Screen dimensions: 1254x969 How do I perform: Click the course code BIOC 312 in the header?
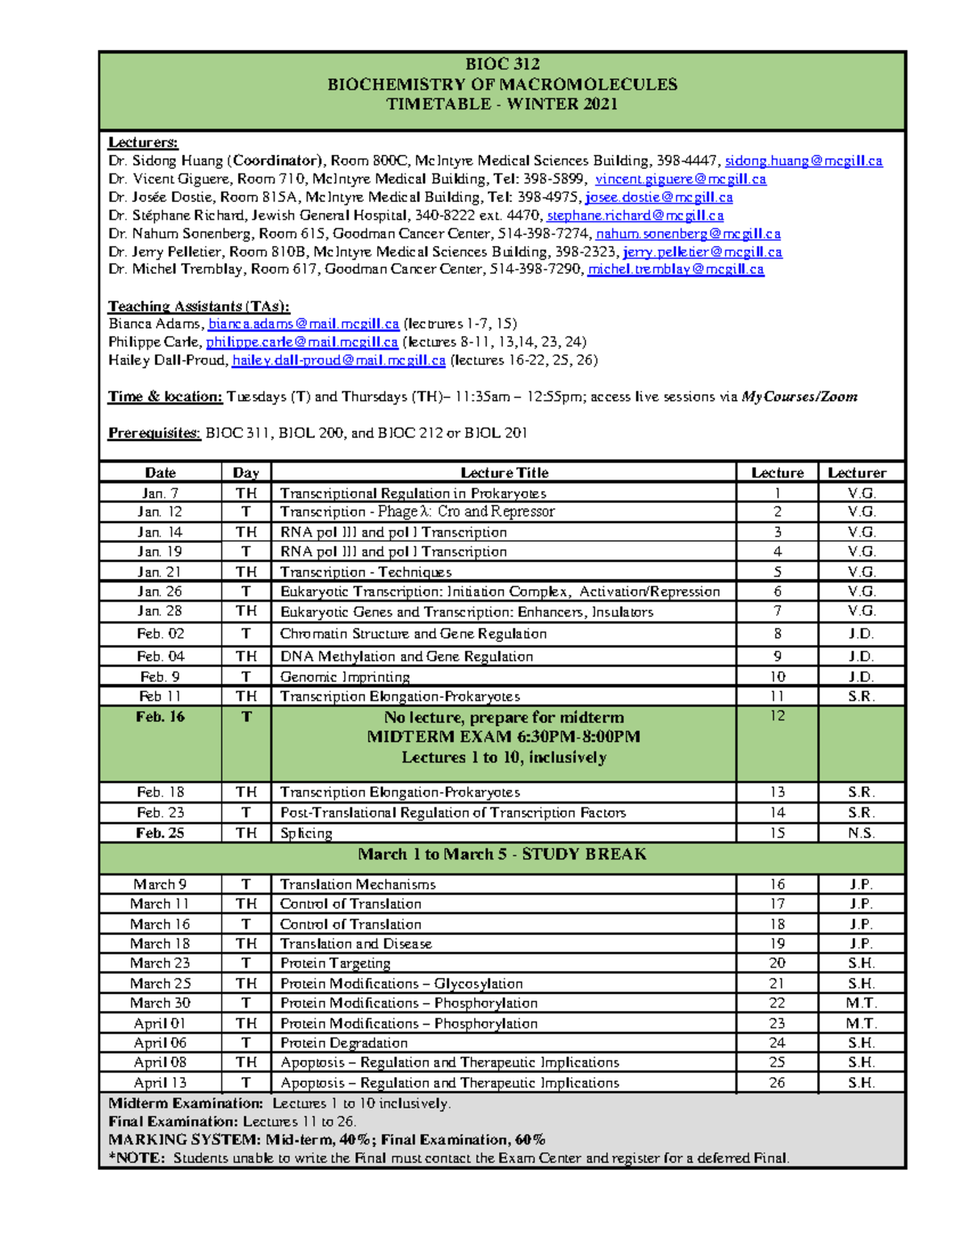(501, 65)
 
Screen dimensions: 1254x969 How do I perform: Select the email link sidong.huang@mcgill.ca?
(803, 161)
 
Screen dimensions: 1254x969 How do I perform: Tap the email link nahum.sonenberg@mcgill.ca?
(688, 233)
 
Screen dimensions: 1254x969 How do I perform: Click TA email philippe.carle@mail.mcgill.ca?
(302, 342)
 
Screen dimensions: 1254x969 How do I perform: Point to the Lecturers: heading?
(143, 143)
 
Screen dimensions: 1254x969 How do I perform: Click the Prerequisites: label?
(154, 433)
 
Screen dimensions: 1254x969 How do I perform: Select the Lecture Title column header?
(504, 473)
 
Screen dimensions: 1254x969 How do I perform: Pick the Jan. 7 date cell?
(160, 493)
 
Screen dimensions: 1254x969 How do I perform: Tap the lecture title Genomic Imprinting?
(345, 677)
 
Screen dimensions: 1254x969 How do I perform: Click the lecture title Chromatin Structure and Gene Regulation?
(413, 634)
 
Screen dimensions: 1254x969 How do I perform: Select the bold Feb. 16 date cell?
(160, 717)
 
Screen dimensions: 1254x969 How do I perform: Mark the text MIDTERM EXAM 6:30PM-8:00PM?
(503, 736)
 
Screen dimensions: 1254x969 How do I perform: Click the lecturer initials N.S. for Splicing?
(861, 833)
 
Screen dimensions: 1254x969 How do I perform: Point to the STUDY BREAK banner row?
(501, 854)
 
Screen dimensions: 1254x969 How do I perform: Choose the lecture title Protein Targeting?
(335, 963)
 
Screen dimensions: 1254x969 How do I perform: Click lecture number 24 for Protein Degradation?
(777, 1043)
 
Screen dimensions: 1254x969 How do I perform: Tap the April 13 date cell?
(160, 1083)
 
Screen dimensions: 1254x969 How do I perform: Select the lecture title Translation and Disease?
(355, 944)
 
